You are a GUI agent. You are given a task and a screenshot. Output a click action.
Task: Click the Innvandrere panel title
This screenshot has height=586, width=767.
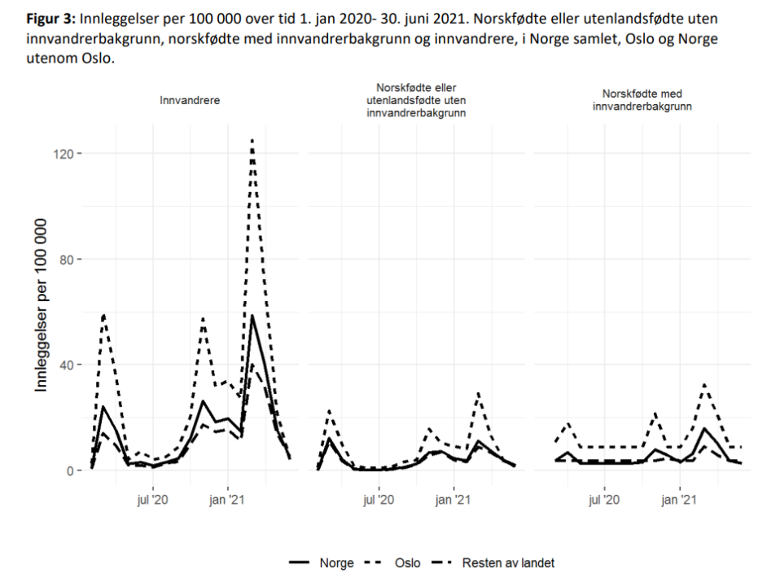pos(190,101)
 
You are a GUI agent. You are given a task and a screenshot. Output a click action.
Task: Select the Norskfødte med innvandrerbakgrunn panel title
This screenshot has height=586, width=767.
pos(642,100)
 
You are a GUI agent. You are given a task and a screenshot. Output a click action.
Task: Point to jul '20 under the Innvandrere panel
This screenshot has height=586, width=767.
pos(151,499)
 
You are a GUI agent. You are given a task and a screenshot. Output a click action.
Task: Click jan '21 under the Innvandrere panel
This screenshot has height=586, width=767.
pos(228,499)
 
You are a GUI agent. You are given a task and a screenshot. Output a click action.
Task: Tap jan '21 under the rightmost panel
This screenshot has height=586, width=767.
pos(679,499)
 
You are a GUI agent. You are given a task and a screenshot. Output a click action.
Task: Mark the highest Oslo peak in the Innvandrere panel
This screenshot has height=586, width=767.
pos(252,140)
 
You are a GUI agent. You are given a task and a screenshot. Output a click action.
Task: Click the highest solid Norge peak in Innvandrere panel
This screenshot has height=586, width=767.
pos(252,316)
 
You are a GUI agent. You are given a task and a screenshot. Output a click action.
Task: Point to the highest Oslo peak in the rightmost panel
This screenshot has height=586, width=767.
pos(704,384)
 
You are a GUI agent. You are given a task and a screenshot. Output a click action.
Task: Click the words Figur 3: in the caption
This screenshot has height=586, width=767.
pos(52,17)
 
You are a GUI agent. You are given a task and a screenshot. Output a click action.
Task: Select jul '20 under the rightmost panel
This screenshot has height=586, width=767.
pos(603,499)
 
